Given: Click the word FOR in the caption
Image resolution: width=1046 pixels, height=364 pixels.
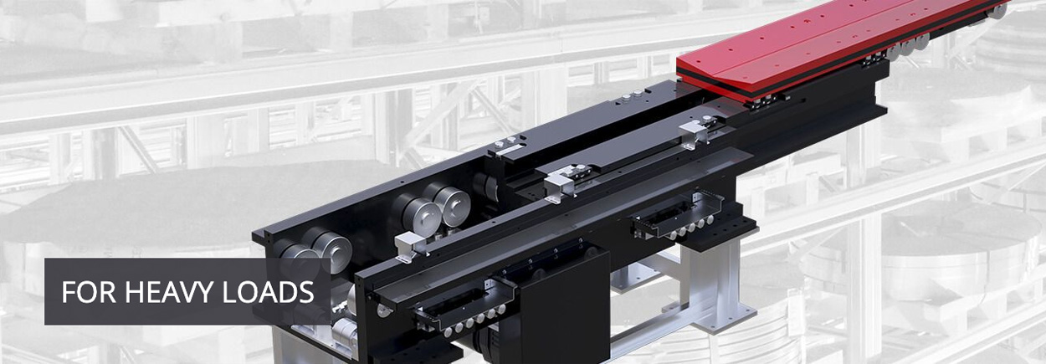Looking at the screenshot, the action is click(x=89, y=292).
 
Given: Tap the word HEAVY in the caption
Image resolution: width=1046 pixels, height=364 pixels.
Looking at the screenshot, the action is click(x=169, y=292).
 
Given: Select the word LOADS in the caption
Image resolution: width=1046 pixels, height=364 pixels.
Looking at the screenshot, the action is click(x=268, y=292).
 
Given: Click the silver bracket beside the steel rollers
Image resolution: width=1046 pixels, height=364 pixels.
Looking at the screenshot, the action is click(x=412, y=246).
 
